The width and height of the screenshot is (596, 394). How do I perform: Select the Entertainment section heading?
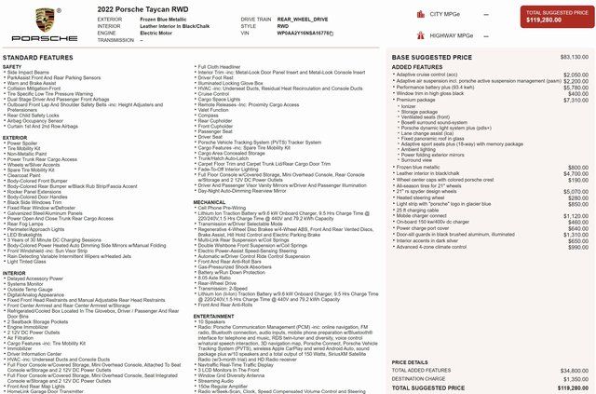tap(214, 316)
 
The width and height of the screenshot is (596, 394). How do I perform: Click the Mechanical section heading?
tap(210, 201)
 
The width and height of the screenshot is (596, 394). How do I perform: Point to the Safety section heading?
tap(12, 67)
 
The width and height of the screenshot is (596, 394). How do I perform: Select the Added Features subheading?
tap(411, 67)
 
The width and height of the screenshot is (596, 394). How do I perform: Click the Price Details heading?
tap(411, 361)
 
